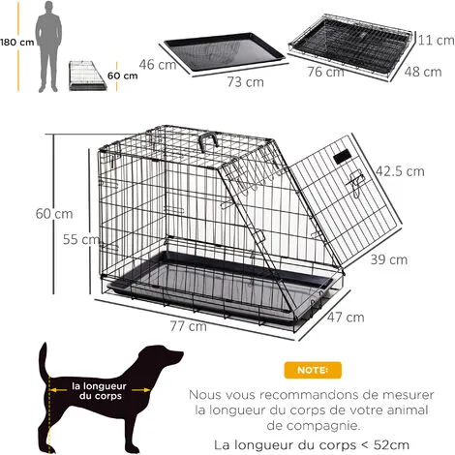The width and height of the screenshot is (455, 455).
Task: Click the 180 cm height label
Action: (x=15, y=43)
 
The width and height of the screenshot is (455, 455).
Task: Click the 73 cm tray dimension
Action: (x=245, y=82)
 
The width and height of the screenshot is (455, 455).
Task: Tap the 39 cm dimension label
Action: (x=389, y=258)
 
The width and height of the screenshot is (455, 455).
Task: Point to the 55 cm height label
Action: (x=69, y=238)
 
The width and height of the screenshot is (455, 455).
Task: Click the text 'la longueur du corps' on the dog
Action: (x=98, y=390)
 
